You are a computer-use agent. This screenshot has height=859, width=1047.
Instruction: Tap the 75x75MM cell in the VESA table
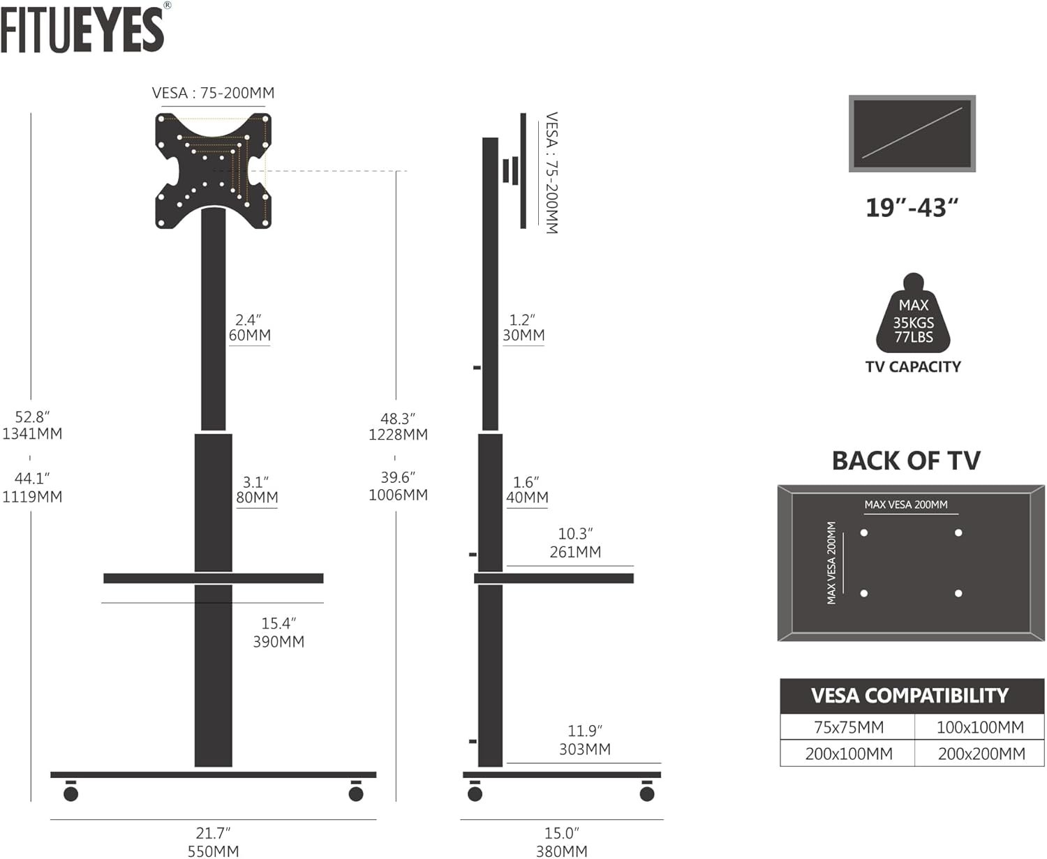[x=849, y=727]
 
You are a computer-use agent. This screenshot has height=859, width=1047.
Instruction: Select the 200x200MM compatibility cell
[x=981, y=754]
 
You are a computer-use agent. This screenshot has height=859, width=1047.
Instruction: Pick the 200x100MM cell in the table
[x=849, y=754]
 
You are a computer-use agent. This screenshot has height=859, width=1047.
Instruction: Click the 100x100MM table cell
[x=980, y=727]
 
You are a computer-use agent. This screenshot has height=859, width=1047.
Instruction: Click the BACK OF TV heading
[x=906, y=461]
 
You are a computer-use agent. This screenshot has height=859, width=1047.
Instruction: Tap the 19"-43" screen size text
[x=912, y=207]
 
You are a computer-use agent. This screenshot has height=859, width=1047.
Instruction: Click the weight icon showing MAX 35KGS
[x=913, y=313]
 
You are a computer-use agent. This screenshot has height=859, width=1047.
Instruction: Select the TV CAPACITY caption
[x=913, y=367]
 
